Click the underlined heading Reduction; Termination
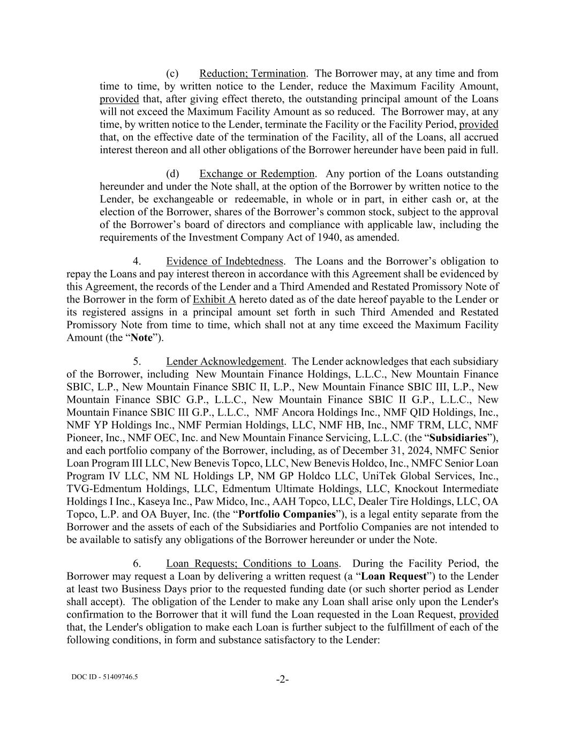click(x=252, y=73)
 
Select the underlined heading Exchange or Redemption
click(x=257, y=174)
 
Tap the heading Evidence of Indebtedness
click(x=224, y=261)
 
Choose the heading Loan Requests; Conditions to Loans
click(x=252, y=563)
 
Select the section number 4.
click(x=137, y=261)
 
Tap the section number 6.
click(x=137, y=563)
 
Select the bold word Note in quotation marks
click(x=142, y=337)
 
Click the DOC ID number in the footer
click(x=104, y=676)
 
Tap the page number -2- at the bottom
click(x=282, y=680)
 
